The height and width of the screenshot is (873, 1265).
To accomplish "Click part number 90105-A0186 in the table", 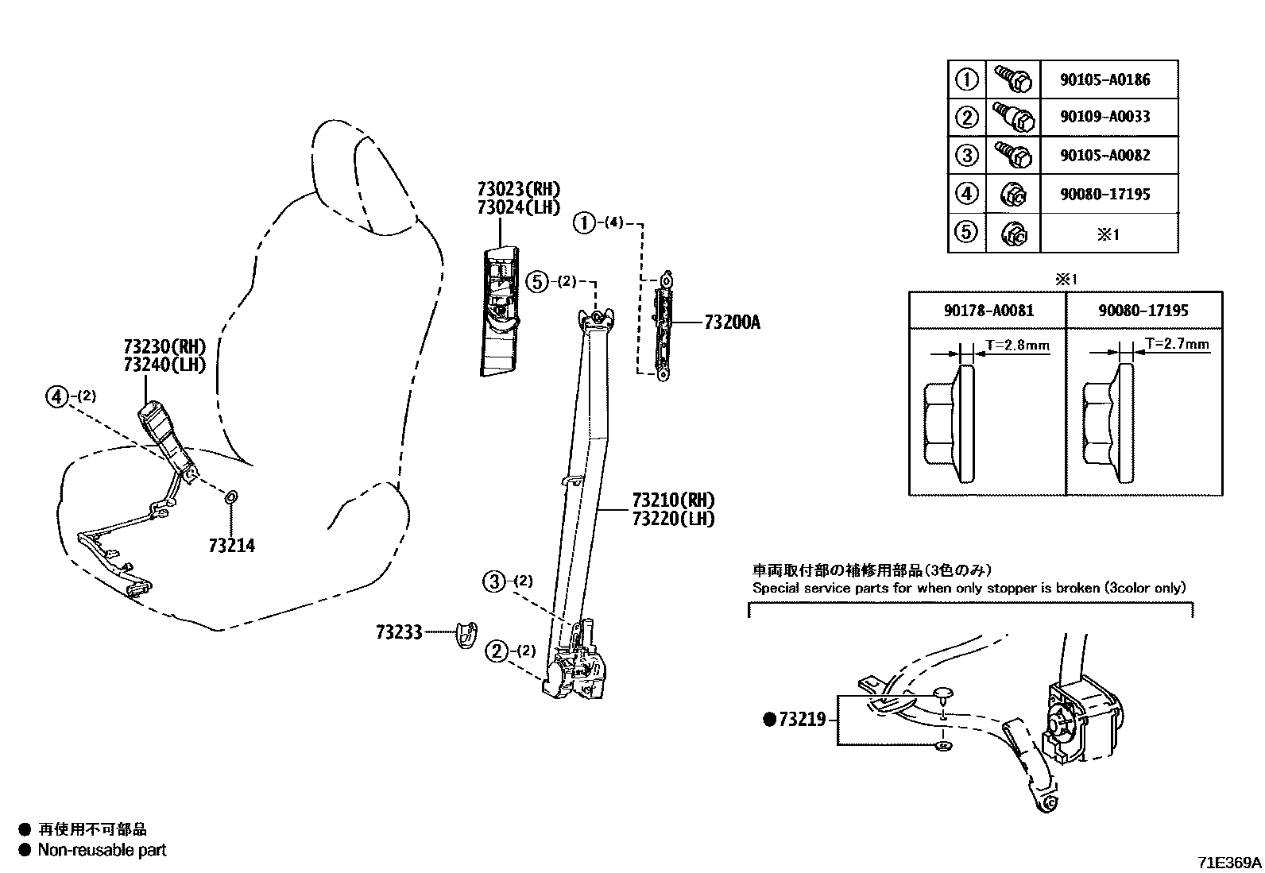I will tap(1104, 79).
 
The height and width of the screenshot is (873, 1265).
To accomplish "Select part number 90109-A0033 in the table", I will tap(1104, 117).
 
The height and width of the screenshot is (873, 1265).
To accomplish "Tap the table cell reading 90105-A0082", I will tap(1104, 156).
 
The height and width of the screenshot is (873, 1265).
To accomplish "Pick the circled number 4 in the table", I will tap(966, 194).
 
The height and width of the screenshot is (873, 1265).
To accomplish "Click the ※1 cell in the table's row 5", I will tap(1108, 234).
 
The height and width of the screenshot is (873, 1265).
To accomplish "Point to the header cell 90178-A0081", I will tap(988, 311).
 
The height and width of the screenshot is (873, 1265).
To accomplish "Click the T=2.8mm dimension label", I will tap(1017, 345).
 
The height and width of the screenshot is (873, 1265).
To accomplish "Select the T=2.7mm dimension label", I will tap(1177, 344).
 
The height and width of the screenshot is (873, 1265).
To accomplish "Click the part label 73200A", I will tap(732, 323).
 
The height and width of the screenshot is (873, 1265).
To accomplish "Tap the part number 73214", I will tap(232, 546).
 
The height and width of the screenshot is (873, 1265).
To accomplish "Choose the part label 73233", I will tap(399, 632).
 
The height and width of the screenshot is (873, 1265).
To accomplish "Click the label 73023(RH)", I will tap(519, 189).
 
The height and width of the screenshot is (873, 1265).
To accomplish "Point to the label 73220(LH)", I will tap(673, 519).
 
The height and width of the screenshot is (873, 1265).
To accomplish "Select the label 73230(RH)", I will tap(164, 346).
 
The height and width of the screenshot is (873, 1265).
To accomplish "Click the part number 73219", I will tap(803, 719).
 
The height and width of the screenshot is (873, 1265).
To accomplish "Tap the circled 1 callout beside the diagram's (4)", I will tap(584, 223).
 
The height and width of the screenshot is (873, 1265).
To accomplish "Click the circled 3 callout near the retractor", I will tap(494, 581).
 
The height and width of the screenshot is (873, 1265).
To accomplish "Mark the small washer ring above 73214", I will tap(230, 497).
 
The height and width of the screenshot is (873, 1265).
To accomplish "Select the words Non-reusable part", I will tap(103, 850).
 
